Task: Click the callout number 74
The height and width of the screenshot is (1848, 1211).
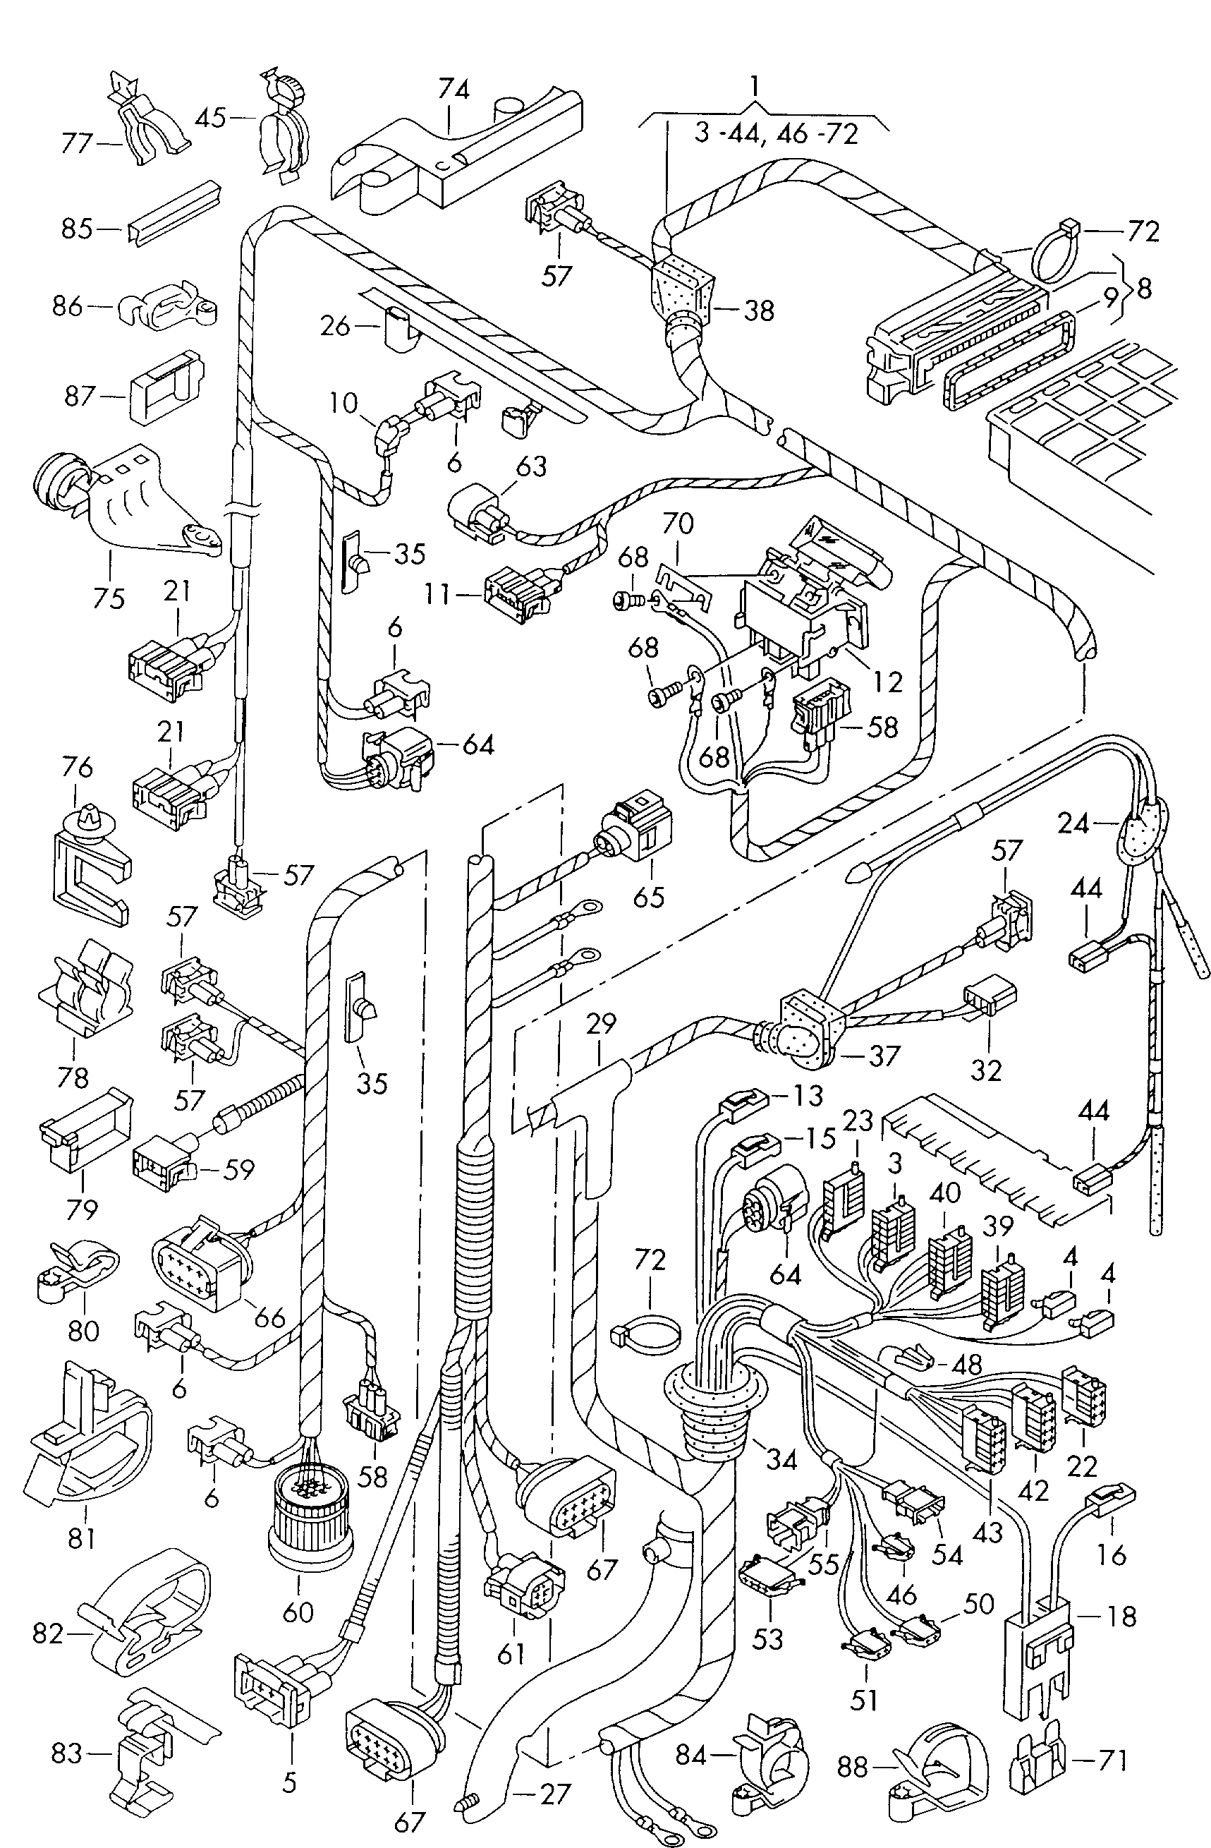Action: [454, 90]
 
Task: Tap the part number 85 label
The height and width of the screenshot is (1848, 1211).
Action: [77, 229]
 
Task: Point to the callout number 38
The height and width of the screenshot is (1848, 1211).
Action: [759, 310]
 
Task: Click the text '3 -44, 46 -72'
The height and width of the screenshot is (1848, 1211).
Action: [776, 133]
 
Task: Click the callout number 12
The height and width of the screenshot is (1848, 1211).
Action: [887, 682]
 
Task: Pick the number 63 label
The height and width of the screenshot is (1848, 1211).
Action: [531, 467]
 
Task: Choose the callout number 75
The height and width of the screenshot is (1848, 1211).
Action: [109, 598]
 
